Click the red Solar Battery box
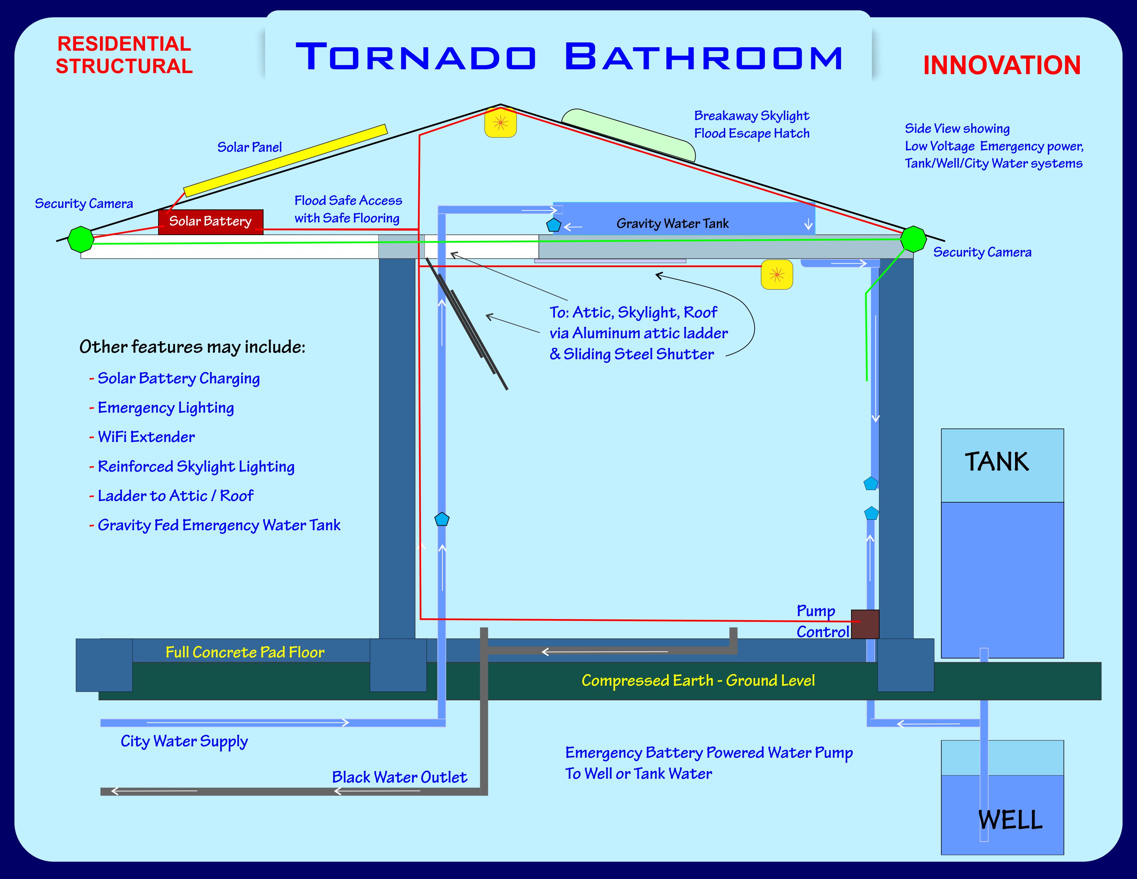pyautogui.click(x=210, y=222)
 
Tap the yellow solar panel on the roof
pyautogui.click(x=285, y=160)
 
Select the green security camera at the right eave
pyautogui.click(x=913, y=239)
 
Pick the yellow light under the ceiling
pyautogui.click(x=777, y=274)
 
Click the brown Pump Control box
pyautogui.click(x=865, y=624)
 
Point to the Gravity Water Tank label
pyautogui.click(x=672, y=223)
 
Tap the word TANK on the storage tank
pyautogui.click(x=996, y=462)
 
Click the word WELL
pyautogui.click(x=1010, y=820)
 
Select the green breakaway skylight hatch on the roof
pyautogui.click(x=629, y=134)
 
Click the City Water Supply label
pyautogui.click(x=184, y=741)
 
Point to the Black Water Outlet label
pyautogui.click(x=399, y=777)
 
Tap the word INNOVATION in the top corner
pyautogui.click(x=1002, y=65)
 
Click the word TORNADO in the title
pyautogui.click(x=416, y=57)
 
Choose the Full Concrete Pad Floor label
pyautogui.click(x=245, y=652)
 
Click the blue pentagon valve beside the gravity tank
pyautogui.click(x=553, y=225)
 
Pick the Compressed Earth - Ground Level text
pyautogui.click(x=698, y=680)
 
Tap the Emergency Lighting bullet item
pyautogui.click(x=165, y=408)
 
